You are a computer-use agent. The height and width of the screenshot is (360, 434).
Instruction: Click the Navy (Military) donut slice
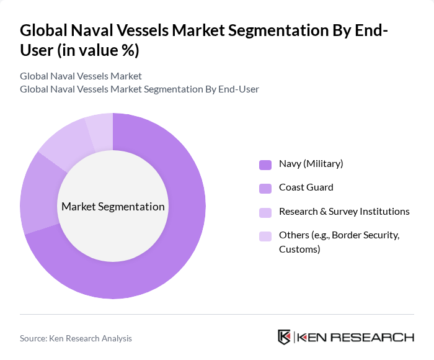(180, 248)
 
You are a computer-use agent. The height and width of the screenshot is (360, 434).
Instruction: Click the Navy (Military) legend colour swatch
(265, 164)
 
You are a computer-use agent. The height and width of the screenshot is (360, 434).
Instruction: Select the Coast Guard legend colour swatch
(265, 188)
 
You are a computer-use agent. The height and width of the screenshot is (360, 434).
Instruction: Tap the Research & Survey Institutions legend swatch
(265, 212)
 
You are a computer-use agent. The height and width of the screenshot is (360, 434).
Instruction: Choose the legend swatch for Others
(265, 236)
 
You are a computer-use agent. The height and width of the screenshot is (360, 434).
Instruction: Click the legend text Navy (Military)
(311, 164)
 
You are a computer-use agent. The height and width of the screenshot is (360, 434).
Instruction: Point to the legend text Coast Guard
(306, 187)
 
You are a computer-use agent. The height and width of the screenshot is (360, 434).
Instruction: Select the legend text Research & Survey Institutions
(344, 212)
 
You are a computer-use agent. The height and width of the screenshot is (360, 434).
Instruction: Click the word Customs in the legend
(299, 250)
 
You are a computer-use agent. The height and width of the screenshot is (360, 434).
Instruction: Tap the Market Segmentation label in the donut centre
(113, 207)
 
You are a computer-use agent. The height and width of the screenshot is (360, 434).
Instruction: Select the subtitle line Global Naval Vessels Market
(81, 76)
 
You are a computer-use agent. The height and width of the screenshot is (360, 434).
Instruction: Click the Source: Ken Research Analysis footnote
(76, 338)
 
